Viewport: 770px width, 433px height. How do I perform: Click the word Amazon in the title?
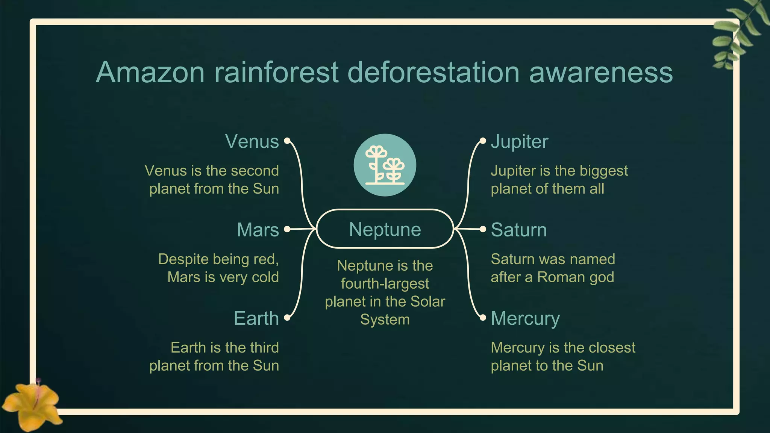point(150,72)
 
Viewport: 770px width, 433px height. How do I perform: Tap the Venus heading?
point(252,142)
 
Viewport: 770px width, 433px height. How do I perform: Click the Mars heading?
point(258,230)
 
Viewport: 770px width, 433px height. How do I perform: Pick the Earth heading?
point(256,318)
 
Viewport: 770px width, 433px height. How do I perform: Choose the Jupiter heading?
point(519,142)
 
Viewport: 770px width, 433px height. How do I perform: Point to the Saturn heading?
point(518,230)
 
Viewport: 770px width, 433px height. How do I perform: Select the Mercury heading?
point(525,318)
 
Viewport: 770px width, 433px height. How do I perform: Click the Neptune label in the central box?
point(385,229)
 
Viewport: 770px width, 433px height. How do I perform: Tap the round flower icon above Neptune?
point(385,165)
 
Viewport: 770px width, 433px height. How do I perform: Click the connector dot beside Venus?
point(287,141)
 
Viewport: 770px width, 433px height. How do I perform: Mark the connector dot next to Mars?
point(287,229)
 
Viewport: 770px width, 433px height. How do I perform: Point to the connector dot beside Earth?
point(287,318)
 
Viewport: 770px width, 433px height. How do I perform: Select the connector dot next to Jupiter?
point(483,141)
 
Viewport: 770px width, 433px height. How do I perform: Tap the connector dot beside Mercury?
point(483,318)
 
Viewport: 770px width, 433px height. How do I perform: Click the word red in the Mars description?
point(267,259)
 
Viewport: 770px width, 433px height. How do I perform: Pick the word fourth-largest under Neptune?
point(385,283)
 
